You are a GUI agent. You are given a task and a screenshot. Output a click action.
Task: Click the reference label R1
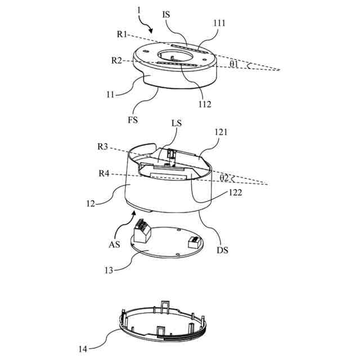pyautogui.click(x=122, y=34)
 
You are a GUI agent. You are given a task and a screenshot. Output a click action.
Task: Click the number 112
pyautogui.click(x=205, y=103)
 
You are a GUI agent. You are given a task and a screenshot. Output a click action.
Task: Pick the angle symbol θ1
pyautogui.click(x=234, y=64)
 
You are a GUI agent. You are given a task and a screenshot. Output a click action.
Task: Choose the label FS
pyautogui.click(x=132, y=119)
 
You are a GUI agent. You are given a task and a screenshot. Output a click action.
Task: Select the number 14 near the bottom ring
pyautogui.click(x=83, y=349)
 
